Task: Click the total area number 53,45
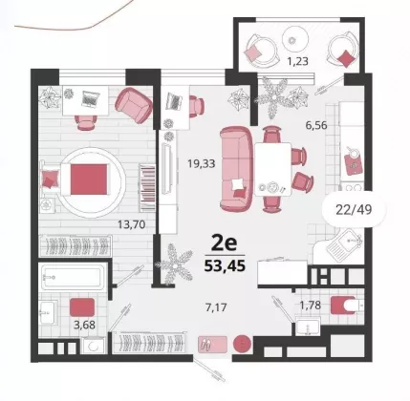pyautogui.click(x=225, y=266)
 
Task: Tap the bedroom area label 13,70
pyautogui.click(x=132, y=224)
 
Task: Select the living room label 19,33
pyautogui.click(x=202, y=164)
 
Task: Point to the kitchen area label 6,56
pyautogui.click(x=316, y=125)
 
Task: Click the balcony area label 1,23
pyautogui.click(x=298, y=61)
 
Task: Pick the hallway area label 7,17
pyautogui.click(x=216, y=307)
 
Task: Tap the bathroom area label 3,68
pyautogui.click(x=84, y=325)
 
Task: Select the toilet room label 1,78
pyautogui.click(x=310, y=306)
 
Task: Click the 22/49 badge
pyautogui.click(x=354, y=210)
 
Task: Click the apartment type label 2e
pyautogui.click(x=225, y=244)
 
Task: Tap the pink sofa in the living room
pyautogui.click(x=236, y=168)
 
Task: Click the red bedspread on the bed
pyautogui.click(x=89, y=179)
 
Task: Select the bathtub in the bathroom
pyautogui.click(x=74, y=277)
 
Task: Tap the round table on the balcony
pyautogui.click(x=295, y=37)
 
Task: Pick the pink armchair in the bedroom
pyautogui.click(x=134, y=105)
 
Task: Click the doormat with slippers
pyautogui.click(x=212, y=345)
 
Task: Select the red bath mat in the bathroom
pyautogui.click(x=82, y=307)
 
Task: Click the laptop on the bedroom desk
pyautogui.click(x=91, y=98)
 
